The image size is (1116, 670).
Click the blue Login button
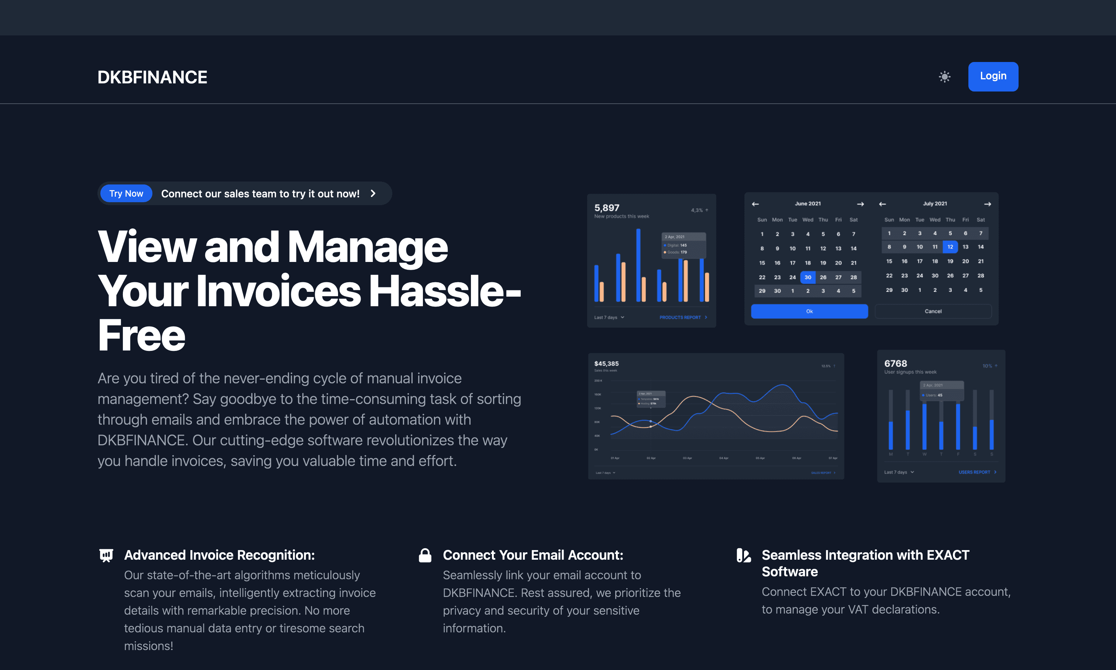click(x=993, y=76)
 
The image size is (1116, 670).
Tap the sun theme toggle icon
click(x=944, y=77)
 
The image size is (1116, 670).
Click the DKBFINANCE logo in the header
click(x=152, y=77)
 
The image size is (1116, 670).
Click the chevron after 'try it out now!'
click(x=373, y=194)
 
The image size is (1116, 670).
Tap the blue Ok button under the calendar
click(x=809, y=311)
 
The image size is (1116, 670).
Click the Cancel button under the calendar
click(x=933, y=311)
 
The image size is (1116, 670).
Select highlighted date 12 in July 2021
click(x=950, y=247)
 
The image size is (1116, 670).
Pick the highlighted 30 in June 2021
click(x=807, y=277)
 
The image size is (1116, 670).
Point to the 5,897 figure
click(x=607, y=208)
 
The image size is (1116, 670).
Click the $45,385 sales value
click(x=606, y=363)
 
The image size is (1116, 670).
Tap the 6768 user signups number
click(x=895, y=363)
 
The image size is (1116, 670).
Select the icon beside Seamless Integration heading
click(x=743, y=555)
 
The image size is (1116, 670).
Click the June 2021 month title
click(x=807, y=204)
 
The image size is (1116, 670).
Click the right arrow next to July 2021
click(x=987, y=204)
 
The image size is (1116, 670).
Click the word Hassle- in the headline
click(x=445, y=291)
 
